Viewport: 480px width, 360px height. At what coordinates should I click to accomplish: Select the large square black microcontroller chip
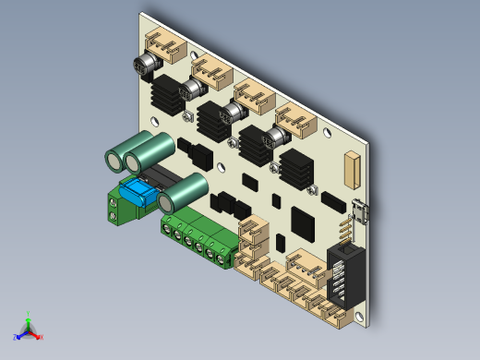tap(304, 222)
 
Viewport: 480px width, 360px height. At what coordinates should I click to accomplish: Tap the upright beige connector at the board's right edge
tap(351, 168)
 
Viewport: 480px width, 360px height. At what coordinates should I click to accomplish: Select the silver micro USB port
tap(363, 212)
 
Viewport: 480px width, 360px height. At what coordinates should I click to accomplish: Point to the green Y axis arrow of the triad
tap(29, 317)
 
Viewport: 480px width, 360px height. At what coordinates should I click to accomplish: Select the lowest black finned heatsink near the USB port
tap(296, 167)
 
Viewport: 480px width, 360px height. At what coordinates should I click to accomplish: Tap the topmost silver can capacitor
tap(148, 66)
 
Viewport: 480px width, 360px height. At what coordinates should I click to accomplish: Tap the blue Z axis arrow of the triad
tap(18, 335)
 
